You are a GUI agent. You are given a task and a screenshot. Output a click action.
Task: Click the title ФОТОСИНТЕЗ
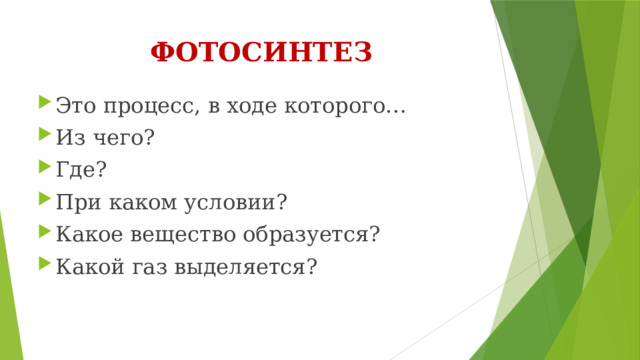[262, 52]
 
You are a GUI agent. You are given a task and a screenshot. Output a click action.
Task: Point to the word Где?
[79, 169]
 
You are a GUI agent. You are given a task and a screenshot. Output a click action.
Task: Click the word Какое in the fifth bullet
[87, 233]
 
